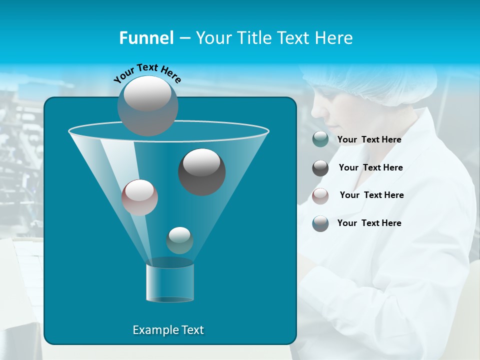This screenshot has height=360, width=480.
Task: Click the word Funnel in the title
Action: [146, 38]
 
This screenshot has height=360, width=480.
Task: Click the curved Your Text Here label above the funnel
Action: [147, 73]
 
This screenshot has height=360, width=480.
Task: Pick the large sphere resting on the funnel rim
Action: [148, 106]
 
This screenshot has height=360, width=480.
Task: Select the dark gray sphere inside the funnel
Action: [202, 172]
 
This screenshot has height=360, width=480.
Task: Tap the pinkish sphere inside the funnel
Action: [140, 197]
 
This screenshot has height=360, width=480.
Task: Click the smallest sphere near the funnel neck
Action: [179, 240]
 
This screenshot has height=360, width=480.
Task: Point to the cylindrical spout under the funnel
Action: [170, 282]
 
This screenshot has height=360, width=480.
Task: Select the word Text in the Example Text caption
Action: [192, 330]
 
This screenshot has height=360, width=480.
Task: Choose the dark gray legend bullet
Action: [320, 168]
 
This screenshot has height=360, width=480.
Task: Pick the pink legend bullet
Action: [320, 196]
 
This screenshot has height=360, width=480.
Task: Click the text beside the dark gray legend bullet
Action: [370, 167]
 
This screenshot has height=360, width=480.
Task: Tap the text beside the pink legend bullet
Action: [371, 195]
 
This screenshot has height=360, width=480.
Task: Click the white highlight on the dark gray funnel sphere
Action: [202, 162]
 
